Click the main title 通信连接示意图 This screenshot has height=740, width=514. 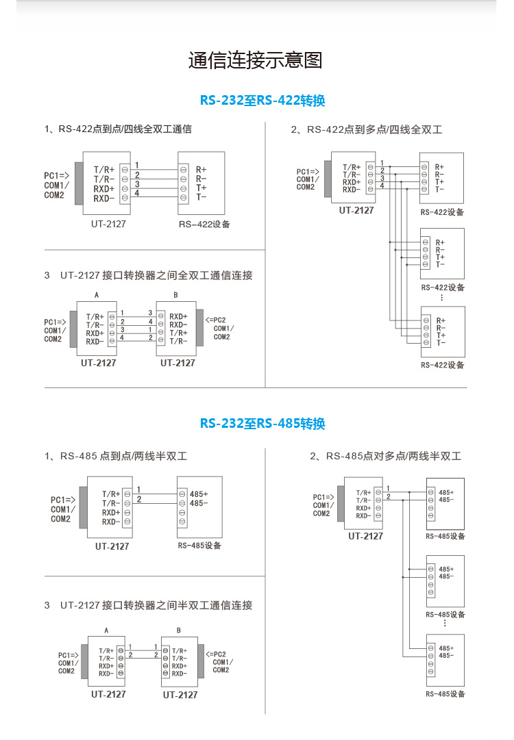(255, 60)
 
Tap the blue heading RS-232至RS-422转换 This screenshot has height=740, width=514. (262, 101)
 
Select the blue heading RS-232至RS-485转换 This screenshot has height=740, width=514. (262, 423)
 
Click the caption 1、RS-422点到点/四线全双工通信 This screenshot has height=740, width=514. (118, 129)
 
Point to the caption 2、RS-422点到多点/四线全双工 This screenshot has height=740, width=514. (367, 129)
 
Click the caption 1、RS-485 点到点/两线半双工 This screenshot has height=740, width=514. (116, 456)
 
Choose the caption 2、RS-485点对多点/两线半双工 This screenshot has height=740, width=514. (385, 456)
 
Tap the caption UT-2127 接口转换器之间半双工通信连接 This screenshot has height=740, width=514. (156, 605)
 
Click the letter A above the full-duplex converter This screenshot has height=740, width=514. (97, 295)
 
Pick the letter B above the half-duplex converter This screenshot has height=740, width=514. (179, 630)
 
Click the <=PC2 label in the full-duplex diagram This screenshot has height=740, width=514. (215, 320)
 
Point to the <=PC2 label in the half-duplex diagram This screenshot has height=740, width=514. (216, 654)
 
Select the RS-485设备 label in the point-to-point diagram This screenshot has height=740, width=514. (199, 546)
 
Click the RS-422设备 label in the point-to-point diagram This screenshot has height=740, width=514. (204, 224)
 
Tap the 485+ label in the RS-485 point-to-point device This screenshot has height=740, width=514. (199, 494)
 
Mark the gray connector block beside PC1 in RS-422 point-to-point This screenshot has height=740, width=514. (79, 183)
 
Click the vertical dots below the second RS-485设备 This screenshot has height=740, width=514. (445, 623)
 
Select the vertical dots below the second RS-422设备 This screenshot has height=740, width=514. (442, 297)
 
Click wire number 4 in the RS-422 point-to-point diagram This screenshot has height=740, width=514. (137, 193)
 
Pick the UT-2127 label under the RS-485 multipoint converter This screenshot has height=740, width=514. (366, 536)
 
